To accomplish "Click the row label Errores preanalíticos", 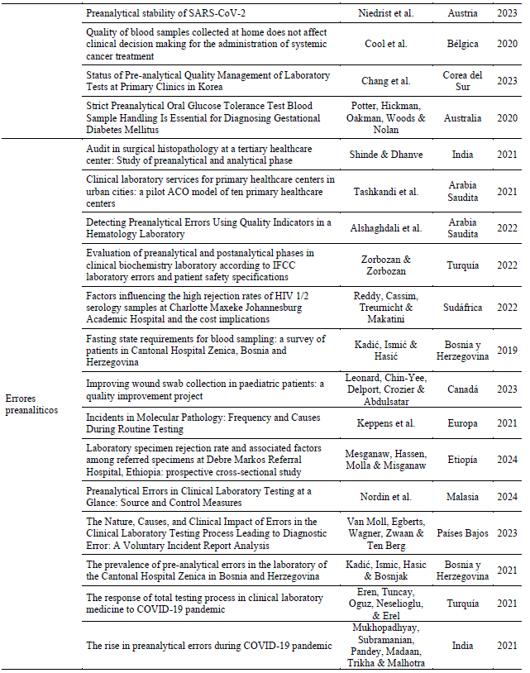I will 32,404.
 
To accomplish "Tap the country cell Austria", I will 462,12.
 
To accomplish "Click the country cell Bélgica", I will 462,44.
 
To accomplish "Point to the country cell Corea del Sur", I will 462,81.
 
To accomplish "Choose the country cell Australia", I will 462,118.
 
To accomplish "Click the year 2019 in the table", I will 508,350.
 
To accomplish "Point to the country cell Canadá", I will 462,389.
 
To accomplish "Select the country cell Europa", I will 462,423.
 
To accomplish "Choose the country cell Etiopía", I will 462,460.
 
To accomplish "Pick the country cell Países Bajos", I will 462,533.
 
